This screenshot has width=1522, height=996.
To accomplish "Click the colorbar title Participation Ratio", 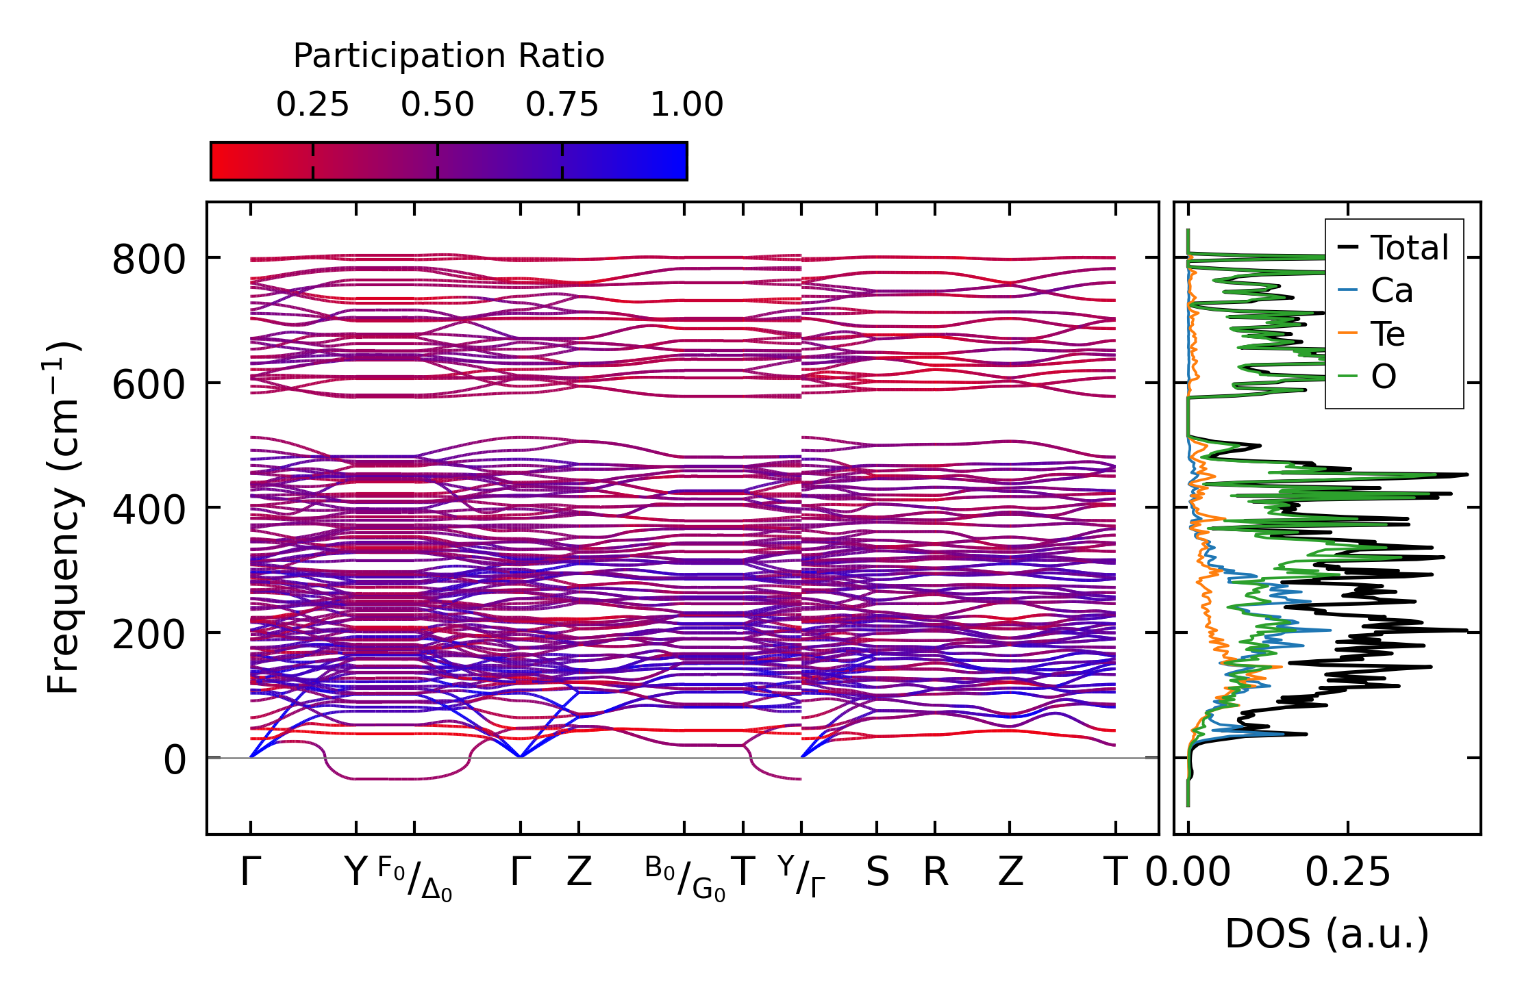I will point(449,56).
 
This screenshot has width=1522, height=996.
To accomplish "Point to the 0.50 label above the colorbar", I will point(437,105).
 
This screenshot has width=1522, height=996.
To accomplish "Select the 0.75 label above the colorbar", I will point(562,105).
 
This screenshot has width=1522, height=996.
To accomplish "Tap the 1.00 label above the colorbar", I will point(686,105).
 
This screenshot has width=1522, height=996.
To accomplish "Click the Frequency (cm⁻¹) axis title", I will point(63,518).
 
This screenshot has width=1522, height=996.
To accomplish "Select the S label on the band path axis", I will point(877,873).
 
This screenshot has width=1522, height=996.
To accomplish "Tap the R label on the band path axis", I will point(936,873).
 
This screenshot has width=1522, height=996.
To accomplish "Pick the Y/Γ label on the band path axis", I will point(801,877).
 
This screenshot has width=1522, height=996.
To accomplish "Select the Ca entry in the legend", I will point(1391,291).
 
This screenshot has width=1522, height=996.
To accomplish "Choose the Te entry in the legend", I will point(1388,334).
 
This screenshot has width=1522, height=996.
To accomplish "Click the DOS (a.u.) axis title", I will point(1327,934).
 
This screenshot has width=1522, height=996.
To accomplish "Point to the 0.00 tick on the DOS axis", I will point(1188,873).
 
